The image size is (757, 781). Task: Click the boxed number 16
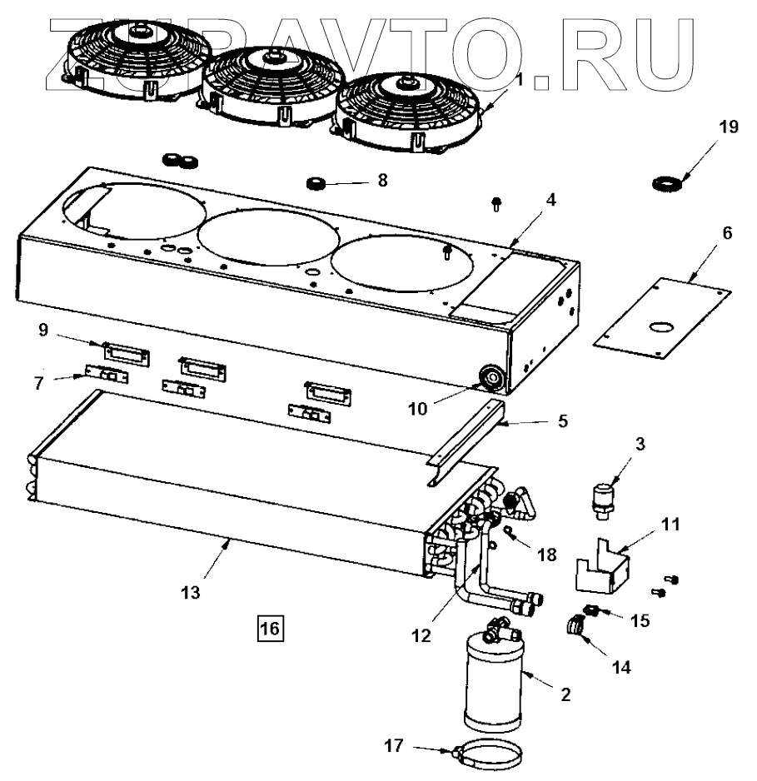coord(271,624)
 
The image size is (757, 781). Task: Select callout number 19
coord(728,127)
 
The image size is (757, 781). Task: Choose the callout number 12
coord(421,635)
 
